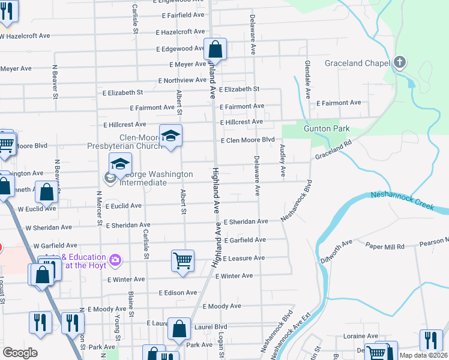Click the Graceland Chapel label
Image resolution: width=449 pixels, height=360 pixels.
point(358,62)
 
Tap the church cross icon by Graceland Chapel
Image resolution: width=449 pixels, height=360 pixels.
point(400,62)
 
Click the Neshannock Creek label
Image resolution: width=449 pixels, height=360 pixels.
point(402,200)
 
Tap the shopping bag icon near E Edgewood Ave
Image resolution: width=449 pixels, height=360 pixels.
point(215,49)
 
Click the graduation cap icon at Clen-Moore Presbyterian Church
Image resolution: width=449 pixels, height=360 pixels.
point(171,136)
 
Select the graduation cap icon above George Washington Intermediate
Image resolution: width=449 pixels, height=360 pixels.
point(120,163)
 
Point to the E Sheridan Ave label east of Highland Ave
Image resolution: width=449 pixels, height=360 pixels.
point(246,221)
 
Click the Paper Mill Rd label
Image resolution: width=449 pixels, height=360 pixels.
point(385,245)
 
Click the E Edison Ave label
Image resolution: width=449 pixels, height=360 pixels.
point(178,293)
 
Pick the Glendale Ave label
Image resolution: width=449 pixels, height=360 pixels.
point(307,79)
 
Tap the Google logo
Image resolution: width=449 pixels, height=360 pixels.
point(20,352)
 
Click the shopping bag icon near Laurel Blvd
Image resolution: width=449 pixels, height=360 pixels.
point(179,329)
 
